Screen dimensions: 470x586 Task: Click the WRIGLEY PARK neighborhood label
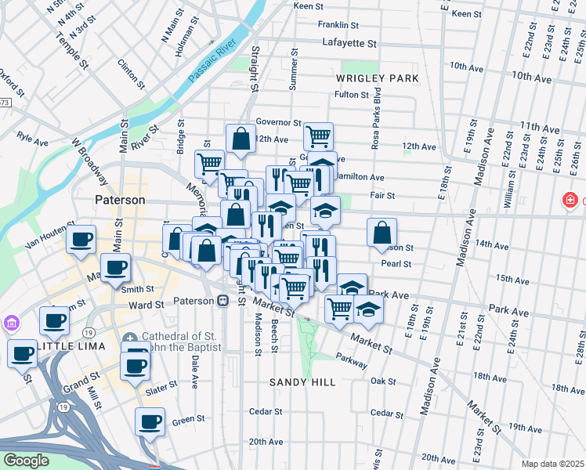tap(377, 78)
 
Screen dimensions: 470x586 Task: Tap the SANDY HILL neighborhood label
tap(302, 382)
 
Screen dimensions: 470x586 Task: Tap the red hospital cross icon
tap(570, 201)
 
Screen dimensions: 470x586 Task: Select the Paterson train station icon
tap(222, 301)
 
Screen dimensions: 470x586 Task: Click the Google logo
tap(26, 461)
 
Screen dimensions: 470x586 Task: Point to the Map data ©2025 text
tap(552, 464)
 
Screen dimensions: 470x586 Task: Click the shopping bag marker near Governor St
tap(241, 139)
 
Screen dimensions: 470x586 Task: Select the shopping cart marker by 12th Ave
tap(318, 136)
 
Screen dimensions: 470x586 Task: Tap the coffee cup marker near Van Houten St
tap(81, 239)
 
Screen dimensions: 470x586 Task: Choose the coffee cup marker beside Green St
tap(150, 421)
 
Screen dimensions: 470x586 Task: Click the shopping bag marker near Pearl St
tap(382, 232)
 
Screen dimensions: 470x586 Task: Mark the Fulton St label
tap(351, 95)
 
